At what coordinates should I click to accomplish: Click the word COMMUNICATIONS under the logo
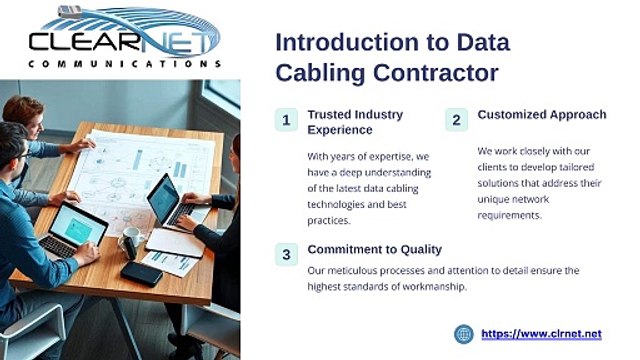point(119,64)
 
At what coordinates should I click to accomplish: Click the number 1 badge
point(286,120)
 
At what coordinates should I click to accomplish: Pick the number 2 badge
point(456,120)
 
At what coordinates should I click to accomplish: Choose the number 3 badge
point(286,254)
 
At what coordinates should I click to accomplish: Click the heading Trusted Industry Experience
point(355,122)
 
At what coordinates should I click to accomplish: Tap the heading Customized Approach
point(541,115)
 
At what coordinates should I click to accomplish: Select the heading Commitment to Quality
point(374,249)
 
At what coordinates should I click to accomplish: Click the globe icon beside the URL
point(463,334)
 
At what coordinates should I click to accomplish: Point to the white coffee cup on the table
point(131,240)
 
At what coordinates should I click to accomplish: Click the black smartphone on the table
point(141,273)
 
